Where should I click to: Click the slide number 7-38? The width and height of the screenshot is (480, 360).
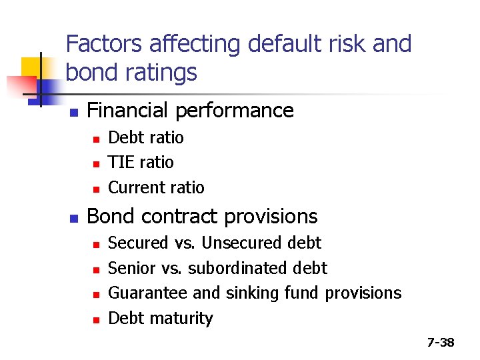tap(440, 343)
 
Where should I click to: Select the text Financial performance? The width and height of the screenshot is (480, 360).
tap(190, 110)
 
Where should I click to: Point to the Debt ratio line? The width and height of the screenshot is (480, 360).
tap(145, 137)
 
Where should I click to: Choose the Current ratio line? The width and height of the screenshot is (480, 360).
tap(156, 187)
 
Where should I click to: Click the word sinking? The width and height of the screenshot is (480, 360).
tap(253, 293)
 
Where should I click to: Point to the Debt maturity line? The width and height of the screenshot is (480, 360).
tap(160, 318)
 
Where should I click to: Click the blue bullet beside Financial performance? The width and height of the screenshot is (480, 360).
tap(73, 111)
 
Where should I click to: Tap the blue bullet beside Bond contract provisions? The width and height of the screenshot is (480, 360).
tap(73, 217)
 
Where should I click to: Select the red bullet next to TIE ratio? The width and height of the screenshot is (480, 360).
tap(96, 163)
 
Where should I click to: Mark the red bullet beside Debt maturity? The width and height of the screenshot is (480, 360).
tap(96, 319)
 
